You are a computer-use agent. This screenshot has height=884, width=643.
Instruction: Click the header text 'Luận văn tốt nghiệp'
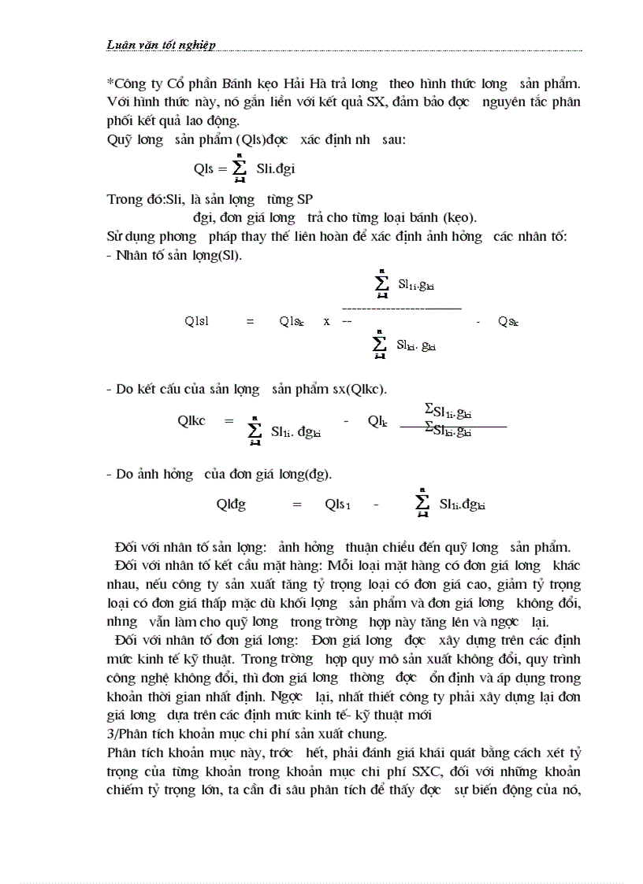point(161,45)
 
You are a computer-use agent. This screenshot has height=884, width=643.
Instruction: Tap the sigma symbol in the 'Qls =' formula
point(240,168)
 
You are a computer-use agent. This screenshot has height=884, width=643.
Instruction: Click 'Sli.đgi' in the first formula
point(275,168)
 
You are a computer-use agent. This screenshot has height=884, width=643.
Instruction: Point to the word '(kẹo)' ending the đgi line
point(459,216)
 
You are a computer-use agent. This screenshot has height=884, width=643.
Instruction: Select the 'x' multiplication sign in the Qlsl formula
point(326,321)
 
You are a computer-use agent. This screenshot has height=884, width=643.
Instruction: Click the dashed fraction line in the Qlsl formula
point(402,308)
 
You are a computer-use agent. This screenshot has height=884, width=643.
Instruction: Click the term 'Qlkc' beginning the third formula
point(191,420)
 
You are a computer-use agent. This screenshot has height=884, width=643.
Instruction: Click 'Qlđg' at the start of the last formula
point(231,505)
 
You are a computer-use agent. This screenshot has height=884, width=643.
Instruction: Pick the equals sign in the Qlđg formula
point(297,505)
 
